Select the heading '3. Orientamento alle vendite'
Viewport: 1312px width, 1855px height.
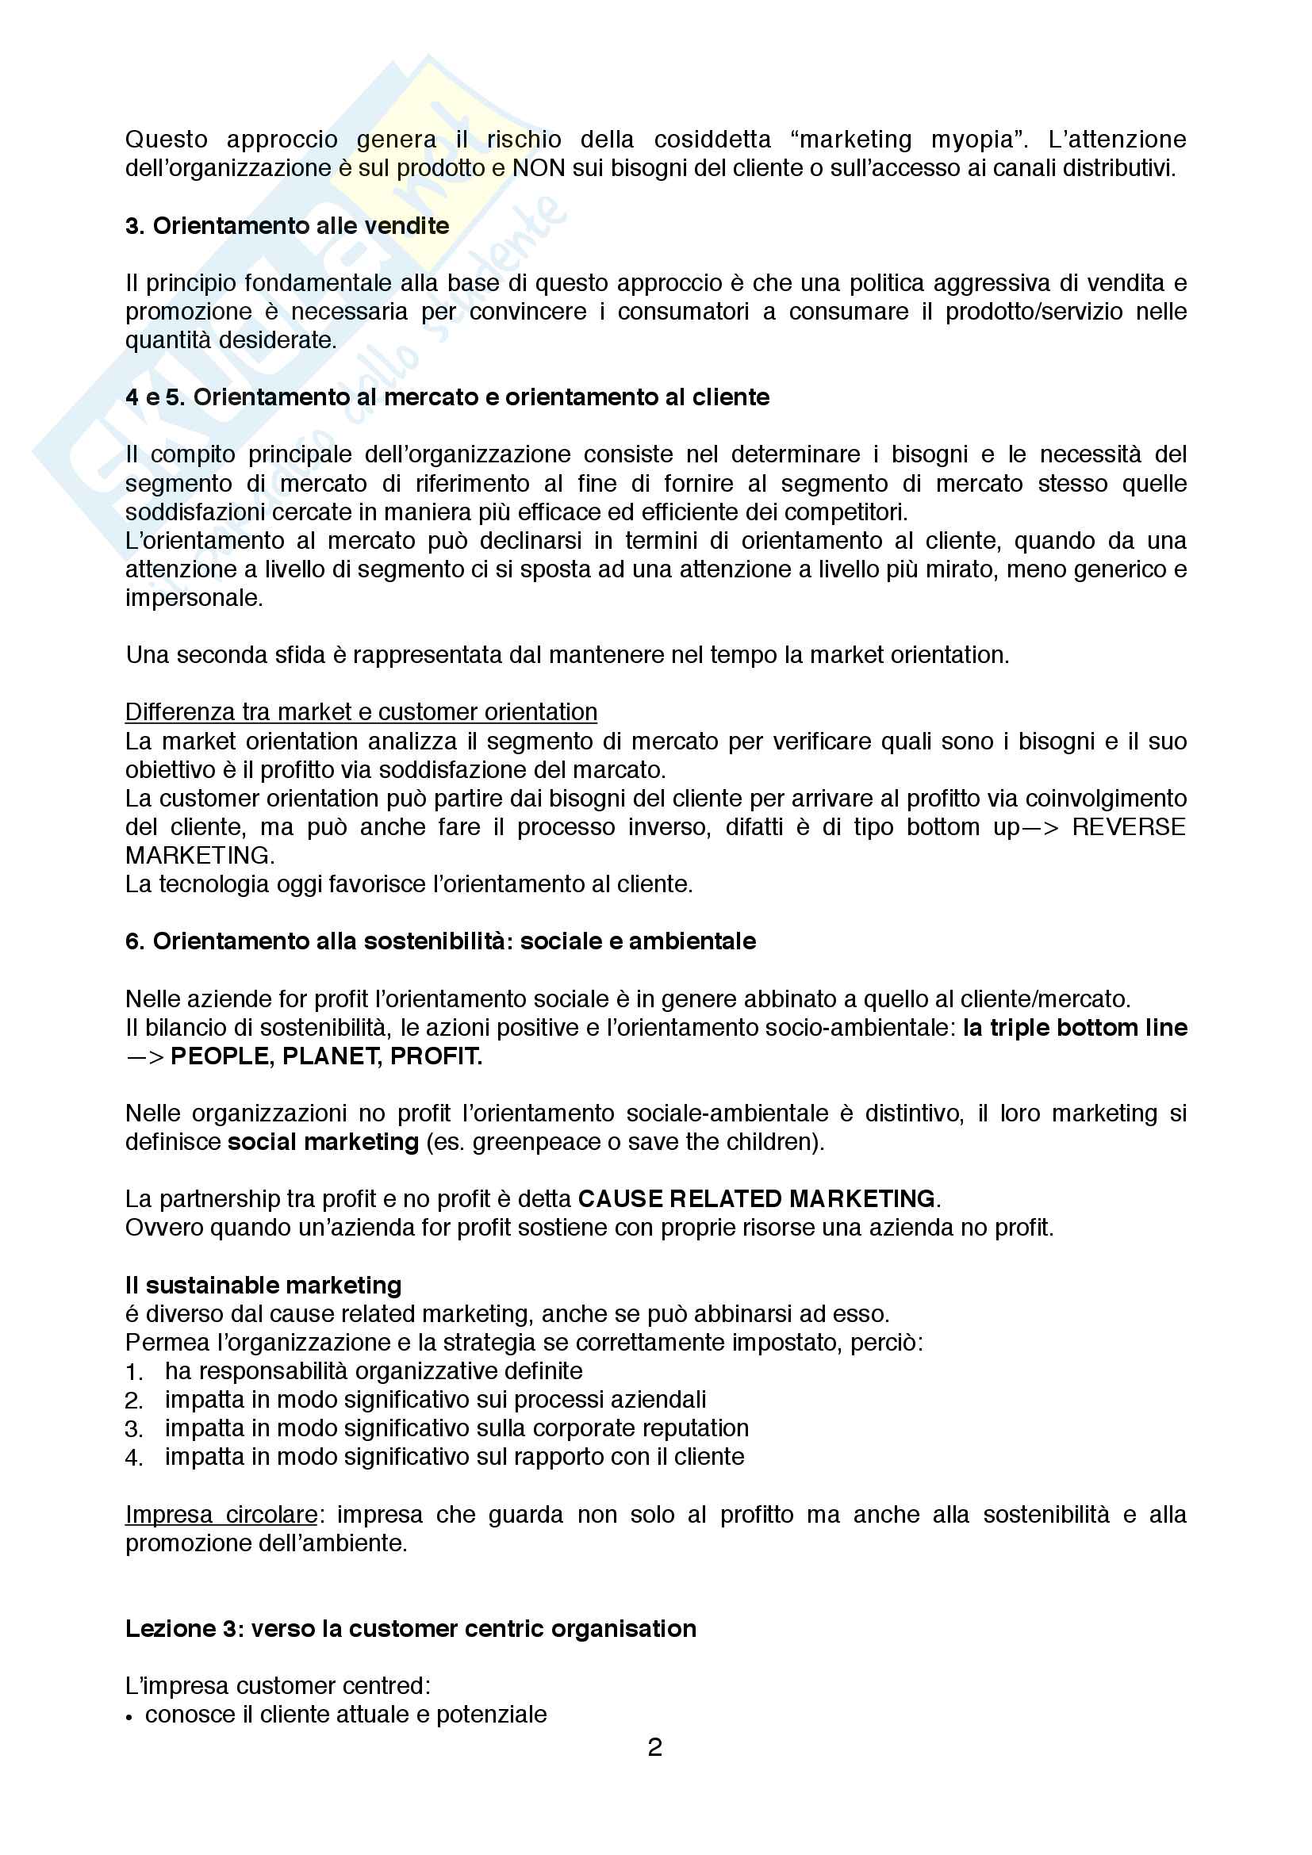(287, 225)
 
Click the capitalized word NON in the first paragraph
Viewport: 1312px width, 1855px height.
(539, 168)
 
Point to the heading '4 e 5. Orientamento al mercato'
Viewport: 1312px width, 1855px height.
(447, 397)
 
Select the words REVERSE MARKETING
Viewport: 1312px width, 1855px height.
(1128, 827)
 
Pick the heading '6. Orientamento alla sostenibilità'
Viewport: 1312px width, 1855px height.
(440, 941)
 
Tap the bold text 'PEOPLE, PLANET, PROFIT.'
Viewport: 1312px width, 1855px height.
(326, 1056)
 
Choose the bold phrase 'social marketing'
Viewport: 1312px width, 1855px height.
(323, 1142)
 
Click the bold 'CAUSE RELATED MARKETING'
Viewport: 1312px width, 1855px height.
(756, 1199)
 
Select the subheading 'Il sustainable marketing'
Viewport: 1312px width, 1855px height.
(263, 1286)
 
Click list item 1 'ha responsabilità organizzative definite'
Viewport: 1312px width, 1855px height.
(374, 1371)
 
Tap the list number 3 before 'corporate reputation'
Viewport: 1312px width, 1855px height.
(133, 1429)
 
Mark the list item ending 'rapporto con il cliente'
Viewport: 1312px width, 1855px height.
(454, 1457)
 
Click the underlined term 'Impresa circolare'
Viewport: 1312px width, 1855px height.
(221, 1515)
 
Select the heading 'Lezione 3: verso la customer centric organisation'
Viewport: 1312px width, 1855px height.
(410, 1629)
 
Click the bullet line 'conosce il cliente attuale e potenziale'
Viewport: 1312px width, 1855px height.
(346, 1715)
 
